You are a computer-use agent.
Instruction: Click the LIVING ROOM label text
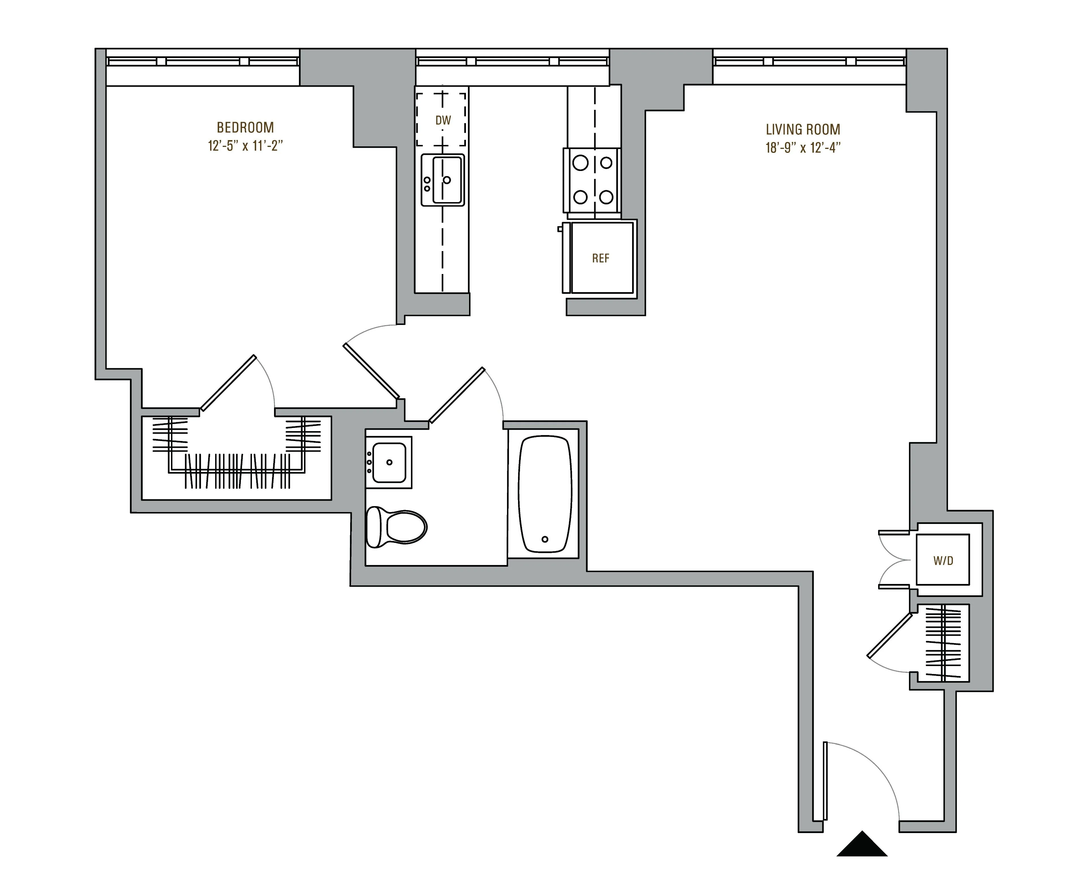803,129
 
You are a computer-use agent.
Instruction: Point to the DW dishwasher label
443,121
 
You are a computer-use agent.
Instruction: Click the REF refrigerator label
601,258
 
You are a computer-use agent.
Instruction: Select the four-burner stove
592,180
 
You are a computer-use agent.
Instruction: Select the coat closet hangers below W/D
943,643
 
